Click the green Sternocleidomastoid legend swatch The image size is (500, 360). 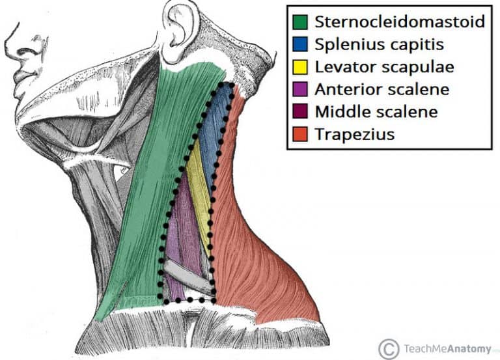tap(300, 22)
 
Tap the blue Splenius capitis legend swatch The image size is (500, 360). tap(300, 44)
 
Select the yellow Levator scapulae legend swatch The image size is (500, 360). tap(300, 67)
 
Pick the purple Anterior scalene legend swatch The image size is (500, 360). tap(300, 89)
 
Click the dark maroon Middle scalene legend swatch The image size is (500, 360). tap(300, 111)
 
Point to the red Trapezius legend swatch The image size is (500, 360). tap(300, 134)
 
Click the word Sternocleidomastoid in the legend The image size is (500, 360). tap(400, 21)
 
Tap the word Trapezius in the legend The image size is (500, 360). tap(355, 134)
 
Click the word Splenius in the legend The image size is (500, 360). tap(348, 45)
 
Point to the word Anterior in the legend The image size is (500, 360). tap(350, 89)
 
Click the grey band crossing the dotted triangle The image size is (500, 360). tap(188, 277)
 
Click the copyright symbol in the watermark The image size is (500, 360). tap(389, 349)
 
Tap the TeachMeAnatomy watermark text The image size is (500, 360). tap(447, 349)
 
